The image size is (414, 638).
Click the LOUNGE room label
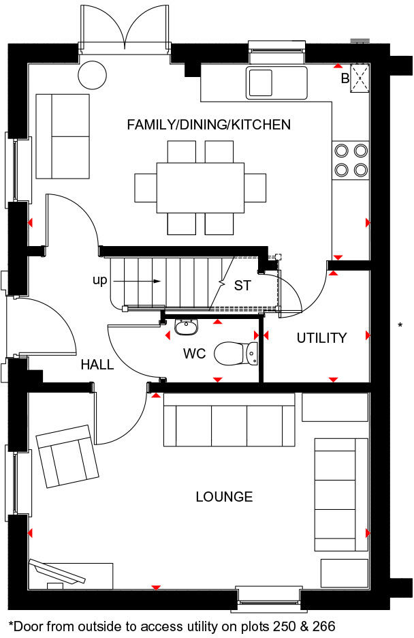coord(224,496)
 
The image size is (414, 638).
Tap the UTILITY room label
coord(322,337)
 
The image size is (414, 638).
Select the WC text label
coord(194,354)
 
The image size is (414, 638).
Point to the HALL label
coord(97,365)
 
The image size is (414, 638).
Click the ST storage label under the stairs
coord(242,286)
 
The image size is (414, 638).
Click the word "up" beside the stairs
coord(100,280)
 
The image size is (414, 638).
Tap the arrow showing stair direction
coord(137,281)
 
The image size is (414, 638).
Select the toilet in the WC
coord(236,353)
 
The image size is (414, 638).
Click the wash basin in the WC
coord(187,326)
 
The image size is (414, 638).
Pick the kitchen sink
coord(276,83)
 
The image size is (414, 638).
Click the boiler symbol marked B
coord(360,78)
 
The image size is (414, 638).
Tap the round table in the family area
coord(93,75)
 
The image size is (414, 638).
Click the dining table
coord(201,187)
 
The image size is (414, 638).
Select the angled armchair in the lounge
coord(67,456)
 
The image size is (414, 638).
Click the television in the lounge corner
coord(57,572)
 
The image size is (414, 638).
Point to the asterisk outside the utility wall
coord(400,325)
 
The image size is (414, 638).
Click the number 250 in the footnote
coord(285,626)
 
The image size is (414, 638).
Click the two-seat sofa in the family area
coord(63,136)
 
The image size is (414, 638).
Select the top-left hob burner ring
coord(342,151)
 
